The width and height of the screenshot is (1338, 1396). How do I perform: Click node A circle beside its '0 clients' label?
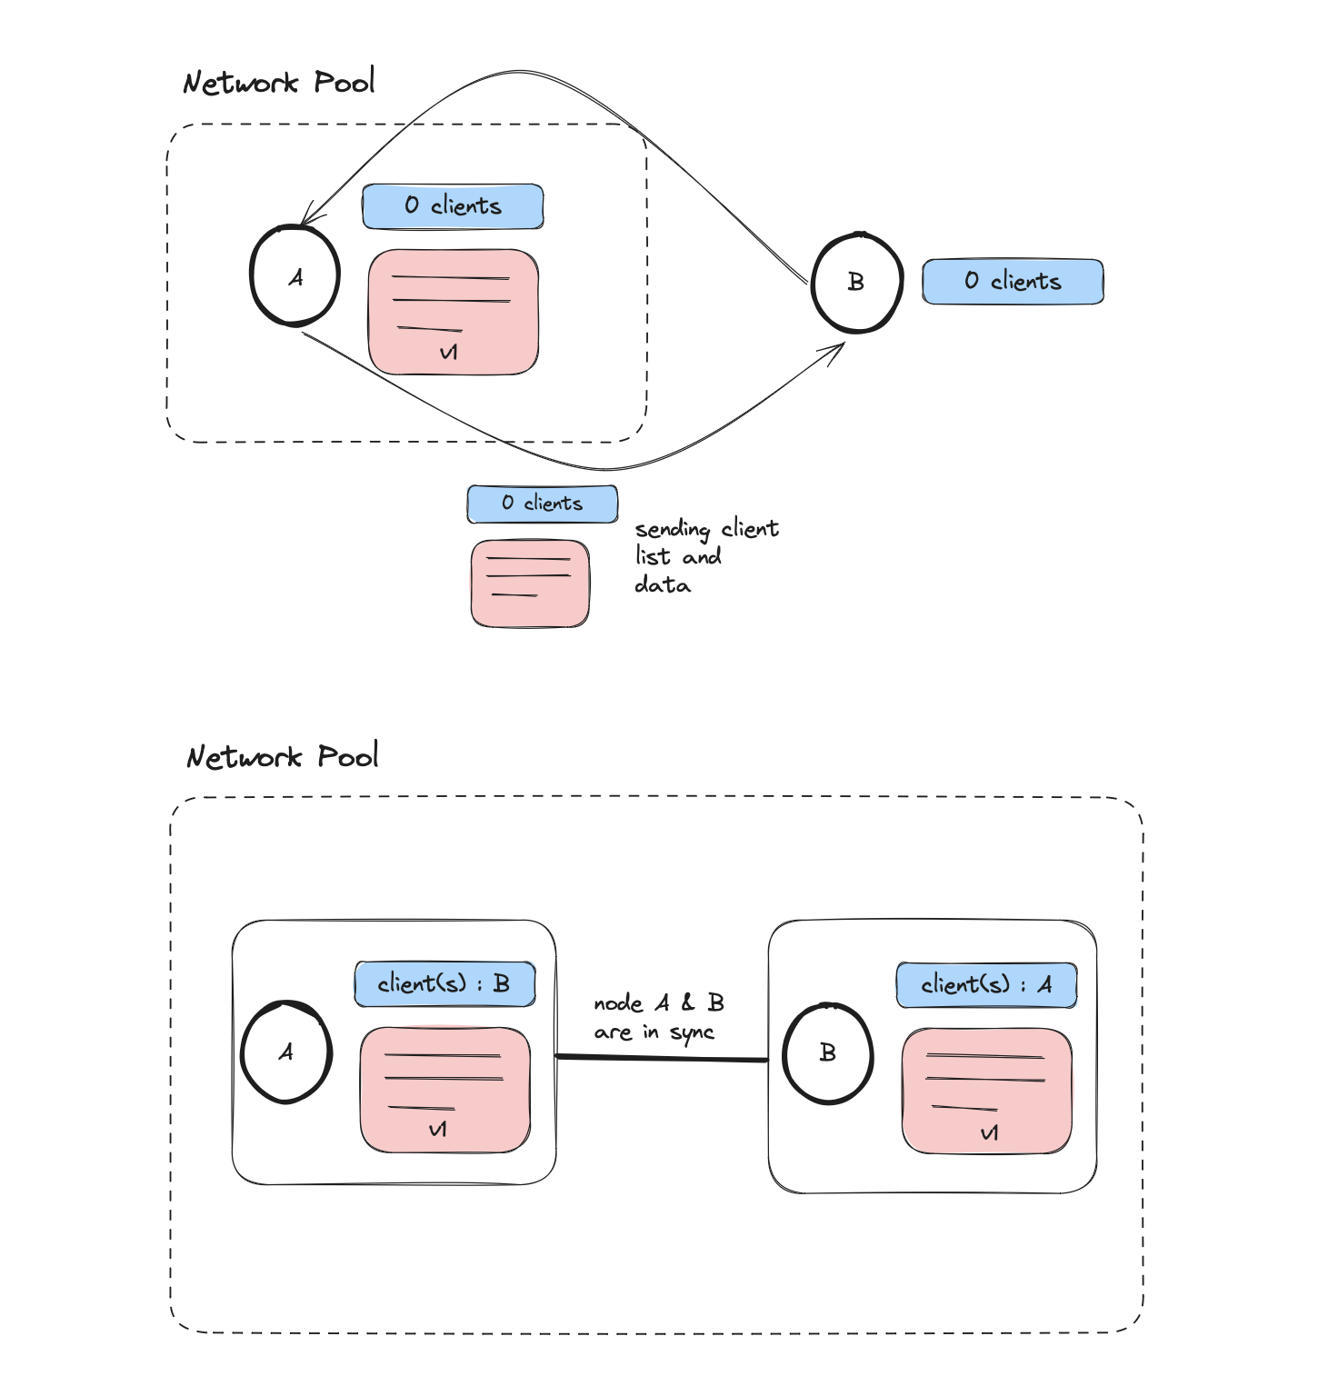pos(295,276)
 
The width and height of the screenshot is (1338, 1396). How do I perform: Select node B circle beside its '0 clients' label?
pos(856,283)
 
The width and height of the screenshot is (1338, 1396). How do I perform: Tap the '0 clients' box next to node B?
pos(1013,282)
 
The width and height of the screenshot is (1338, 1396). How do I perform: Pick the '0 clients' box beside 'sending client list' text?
pos(543,504)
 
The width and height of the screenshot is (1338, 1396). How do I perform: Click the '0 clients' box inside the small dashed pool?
pos(453,206)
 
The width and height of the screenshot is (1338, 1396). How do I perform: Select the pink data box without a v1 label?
pos(530,583)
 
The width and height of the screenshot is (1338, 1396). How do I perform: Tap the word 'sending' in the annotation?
pos(672,529)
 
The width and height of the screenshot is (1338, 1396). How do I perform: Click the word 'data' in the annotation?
pos(663,585)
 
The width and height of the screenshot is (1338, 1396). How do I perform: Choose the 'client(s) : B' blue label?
pos(444,984)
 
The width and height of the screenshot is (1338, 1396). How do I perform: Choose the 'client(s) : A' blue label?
pos(986,985)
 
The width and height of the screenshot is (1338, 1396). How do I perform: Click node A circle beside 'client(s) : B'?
pos(285,1052)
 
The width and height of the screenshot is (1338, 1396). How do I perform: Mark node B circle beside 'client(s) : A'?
pos(828,1053)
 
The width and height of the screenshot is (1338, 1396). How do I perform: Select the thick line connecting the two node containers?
pos(662,1058)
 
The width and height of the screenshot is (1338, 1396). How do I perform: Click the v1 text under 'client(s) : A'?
pos(989,1133)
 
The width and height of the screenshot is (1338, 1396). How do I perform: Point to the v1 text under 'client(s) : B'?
pos(437,1130)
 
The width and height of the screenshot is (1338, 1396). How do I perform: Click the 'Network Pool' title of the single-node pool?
pos(278,83)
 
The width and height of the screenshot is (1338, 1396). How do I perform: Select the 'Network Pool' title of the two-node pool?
pos(282,756)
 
